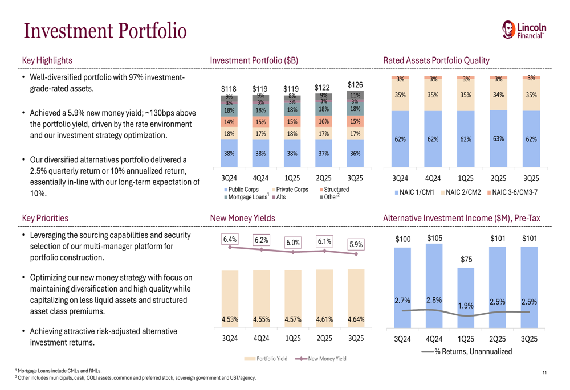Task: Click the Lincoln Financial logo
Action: pos(524,30)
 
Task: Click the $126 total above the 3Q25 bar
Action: pos(355,85)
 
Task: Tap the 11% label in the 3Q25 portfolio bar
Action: pos(355,95)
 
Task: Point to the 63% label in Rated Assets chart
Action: pos(499,138)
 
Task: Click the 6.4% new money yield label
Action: pos(230,239)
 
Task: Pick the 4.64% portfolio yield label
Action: pos(356,319)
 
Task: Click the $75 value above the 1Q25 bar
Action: pos(466,260)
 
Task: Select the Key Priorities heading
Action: pos(45,218)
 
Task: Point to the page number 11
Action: pos(544,372)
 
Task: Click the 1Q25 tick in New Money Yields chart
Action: pos(292,338)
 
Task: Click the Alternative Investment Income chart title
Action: pos(462,218)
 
